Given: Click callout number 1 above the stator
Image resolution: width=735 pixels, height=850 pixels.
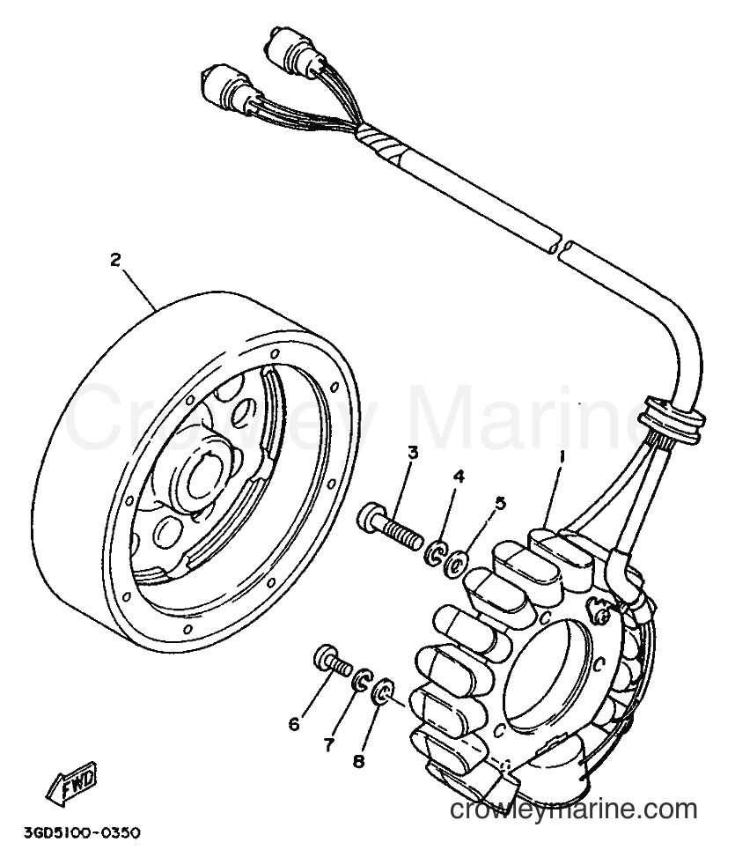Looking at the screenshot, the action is tap(562, 459).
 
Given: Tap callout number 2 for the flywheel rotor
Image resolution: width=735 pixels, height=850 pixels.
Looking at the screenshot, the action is tap(114, 260).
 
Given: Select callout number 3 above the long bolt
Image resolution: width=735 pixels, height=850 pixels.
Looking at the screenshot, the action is tap(413, 453).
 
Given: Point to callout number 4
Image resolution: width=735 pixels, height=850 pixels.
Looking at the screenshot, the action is tap(459, 477).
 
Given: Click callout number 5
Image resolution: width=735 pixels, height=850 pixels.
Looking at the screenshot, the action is tap(500, 503).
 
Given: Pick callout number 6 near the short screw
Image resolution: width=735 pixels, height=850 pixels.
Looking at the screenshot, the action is tap(294, 724).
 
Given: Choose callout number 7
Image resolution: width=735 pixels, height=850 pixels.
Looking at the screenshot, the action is tap(329, 745).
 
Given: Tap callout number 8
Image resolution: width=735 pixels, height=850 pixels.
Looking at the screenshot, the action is tap(358, 761).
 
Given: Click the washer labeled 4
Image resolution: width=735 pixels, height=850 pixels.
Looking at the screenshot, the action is tap(435, 553).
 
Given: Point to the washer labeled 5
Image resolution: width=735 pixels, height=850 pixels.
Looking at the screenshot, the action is tap(455, 565).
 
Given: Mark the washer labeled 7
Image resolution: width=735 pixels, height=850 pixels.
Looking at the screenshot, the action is tap(361, 680).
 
